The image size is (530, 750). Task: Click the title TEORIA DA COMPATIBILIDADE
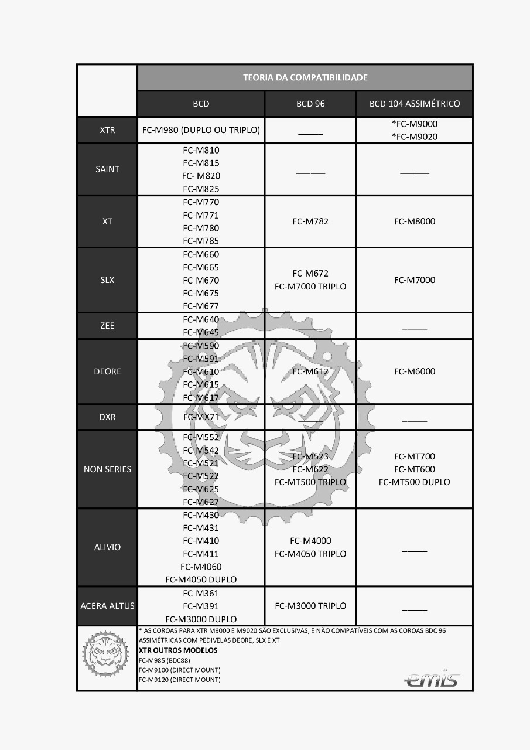point(305,77)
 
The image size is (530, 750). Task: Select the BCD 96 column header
point(310,104)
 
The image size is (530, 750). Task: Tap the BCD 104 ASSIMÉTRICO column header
point(415,104)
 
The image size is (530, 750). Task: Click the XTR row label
point(107,130)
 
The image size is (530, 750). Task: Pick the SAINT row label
point(107,169)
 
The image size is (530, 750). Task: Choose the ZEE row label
point(107,326)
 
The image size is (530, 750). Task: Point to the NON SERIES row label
point(107,469)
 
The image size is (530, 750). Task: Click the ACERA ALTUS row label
point(107,606)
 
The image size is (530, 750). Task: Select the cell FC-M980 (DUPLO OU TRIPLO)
point(201,130)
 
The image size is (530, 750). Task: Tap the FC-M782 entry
point(310,221)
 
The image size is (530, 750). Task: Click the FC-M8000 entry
point(415,221)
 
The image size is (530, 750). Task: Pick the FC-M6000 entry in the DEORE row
point(415,371)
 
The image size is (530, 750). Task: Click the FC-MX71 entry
point(201,417)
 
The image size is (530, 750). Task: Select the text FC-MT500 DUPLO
point(415,482)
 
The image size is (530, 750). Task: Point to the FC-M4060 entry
point(201,567)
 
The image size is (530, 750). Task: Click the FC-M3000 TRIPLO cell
point(310,606)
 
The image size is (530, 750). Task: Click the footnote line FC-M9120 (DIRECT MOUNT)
point(180,680)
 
